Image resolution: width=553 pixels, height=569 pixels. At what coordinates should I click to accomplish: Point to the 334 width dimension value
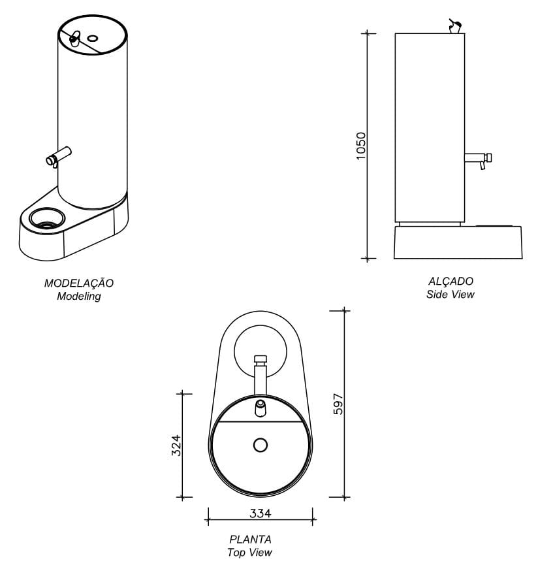(260, 513)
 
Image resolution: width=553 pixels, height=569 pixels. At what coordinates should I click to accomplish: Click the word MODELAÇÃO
(78, 283)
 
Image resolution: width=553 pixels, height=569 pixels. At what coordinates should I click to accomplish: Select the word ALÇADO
(450, 281)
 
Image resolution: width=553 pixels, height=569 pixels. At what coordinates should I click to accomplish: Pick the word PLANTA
(250, 540)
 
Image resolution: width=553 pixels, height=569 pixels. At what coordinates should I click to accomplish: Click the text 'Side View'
(450, 295)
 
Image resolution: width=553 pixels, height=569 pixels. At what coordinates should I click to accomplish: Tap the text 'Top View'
(249, 553)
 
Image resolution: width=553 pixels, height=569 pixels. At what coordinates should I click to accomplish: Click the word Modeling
(78, 296)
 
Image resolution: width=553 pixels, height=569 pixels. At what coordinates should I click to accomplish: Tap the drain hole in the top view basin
(261, 446)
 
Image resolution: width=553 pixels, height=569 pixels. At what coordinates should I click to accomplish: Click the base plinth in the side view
(458, 242)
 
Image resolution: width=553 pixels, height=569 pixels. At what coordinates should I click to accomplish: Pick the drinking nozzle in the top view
(260, 406)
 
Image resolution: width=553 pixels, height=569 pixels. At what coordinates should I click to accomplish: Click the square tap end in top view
(260, 359)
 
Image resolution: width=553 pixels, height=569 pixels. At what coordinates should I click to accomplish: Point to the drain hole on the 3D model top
(92, 39)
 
